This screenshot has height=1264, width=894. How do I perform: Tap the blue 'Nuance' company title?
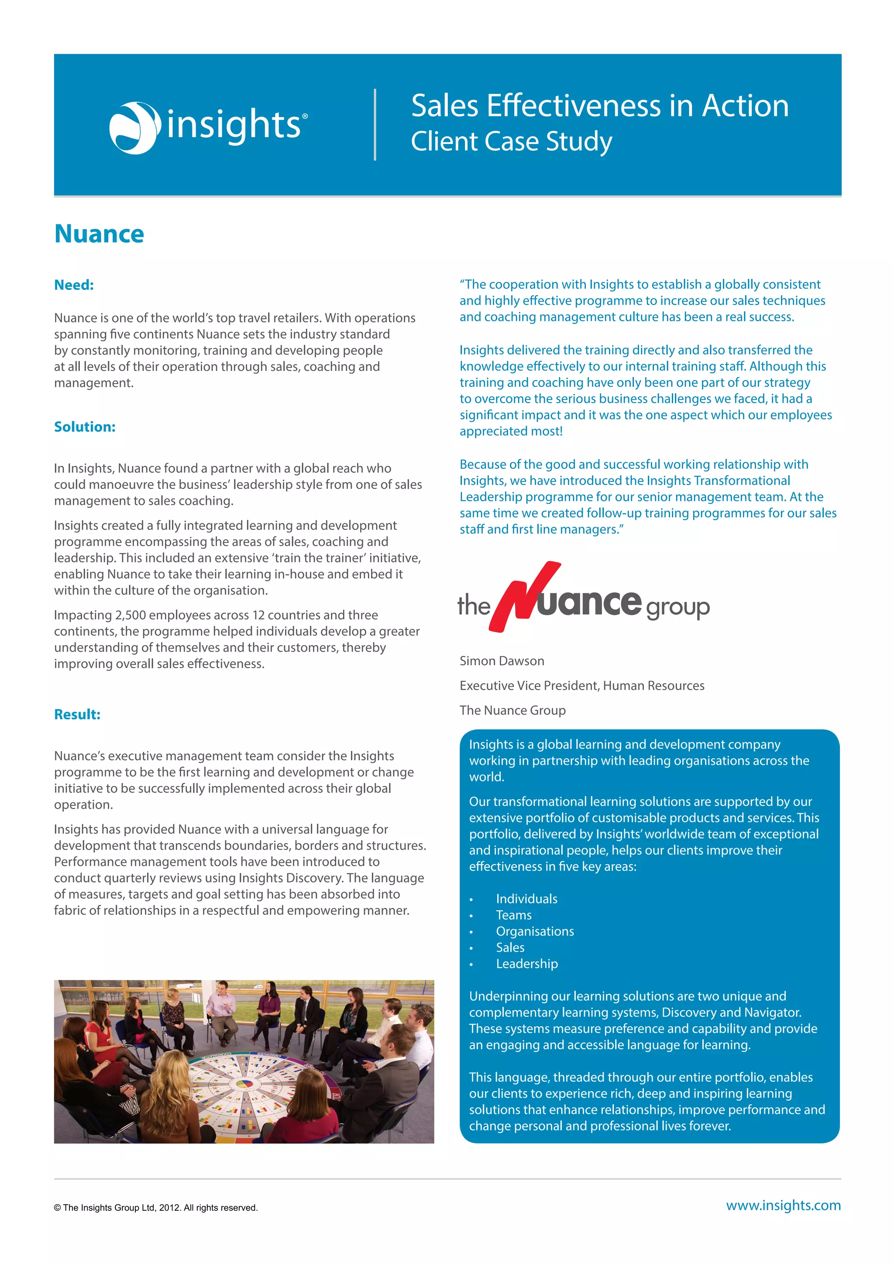coord(99,234)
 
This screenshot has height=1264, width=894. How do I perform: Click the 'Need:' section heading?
coord(74,285)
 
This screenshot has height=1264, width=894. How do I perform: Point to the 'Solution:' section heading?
coord(84,427)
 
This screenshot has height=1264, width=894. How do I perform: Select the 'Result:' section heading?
coord(77,714)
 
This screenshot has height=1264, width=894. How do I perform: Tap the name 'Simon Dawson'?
coord(502,661)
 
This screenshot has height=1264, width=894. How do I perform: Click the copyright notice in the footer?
coord(156,1207)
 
